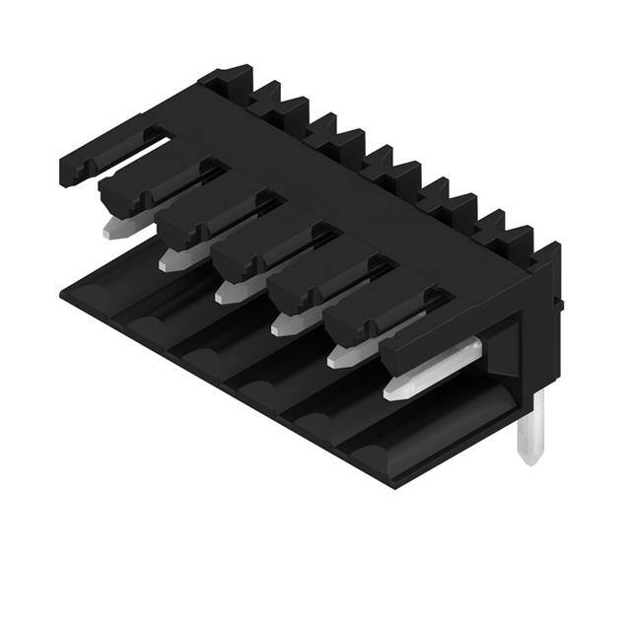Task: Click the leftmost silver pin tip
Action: (x=114, y=230)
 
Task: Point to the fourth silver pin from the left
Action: (x=286, y=322)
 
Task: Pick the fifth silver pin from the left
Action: (x=342, y=354)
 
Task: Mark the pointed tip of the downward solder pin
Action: (x=531, y=459)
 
